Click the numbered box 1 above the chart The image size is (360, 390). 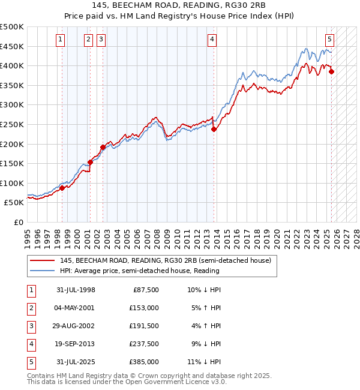tap(61, 40)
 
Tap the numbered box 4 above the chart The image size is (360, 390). tap(212, 40)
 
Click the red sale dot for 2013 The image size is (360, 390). tap(214, 129)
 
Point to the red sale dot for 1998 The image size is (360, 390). tap(62, 188)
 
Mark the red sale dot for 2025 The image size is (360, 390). tap(332, 71)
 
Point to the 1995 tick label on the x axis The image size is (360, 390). tap(28, 237)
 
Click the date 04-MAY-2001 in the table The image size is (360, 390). tap(74, 308)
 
